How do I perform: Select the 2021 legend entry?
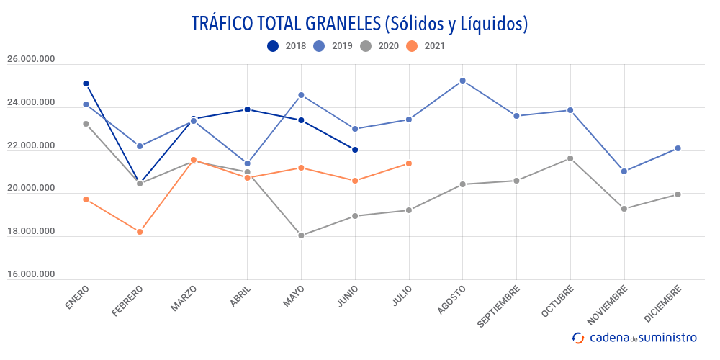426,46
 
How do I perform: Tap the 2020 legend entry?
379,46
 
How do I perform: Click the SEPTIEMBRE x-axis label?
499,307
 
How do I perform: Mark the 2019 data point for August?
463,81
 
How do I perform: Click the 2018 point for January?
86,84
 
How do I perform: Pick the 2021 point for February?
140,232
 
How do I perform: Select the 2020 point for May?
301,235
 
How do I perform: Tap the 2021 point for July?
409,163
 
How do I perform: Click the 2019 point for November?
624,171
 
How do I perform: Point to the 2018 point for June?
355,150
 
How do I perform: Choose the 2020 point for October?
570,158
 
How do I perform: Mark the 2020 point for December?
678,194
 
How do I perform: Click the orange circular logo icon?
578,337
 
